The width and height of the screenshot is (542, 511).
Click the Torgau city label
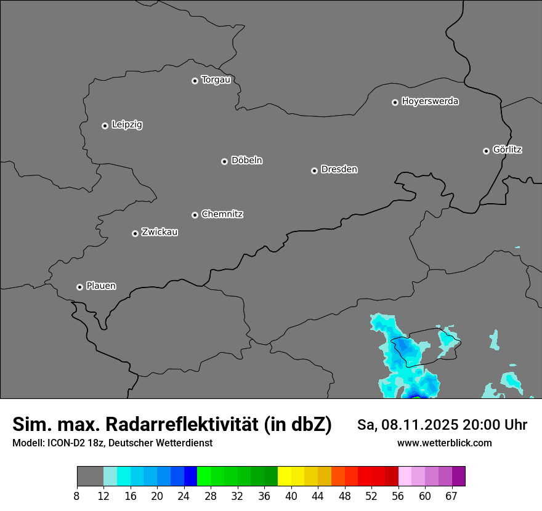pyautogui.click(x=216, y=80)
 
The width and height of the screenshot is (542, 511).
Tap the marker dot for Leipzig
pyautogui.click(x=105, y=126)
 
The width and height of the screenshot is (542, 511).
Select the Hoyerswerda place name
pyautogui.click(x=430, y=102)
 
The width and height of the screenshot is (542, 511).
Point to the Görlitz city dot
pyautogui.click(x=486, y=151)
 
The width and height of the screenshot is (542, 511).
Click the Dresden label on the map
pyautogui.click(x=339, y=169)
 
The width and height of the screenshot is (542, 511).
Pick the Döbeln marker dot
pyautogui.click(x=224, y=161)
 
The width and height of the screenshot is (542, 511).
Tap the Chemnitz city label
pyautogui.click(x=222, y=214)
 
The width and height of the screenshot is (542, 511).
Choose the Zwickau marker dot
pyautogui.click(x=135, y=233)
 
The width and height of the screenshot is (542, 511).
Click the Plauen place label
pyautogui.click(x=101, y=286)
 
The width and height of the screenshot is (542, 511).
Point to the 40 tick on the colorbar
pyautogui.click(x=291, y=496)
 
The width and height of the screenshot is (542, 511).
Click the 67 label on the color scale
pyautogui.click(x=451, y=496)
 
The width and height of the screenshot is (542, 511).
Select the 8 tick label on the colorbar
pyautogui.click(x=77, y=496)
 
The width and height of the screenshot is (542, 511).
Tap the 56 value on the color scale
pyautogui.click(x=398, y=496)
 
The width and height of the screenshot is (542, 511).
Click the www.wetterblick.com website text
pyautogui.click(x=444, y=443)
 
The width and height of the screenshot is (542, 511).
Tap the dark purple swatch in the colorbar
pyautogui.click(x=458, y=476)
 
